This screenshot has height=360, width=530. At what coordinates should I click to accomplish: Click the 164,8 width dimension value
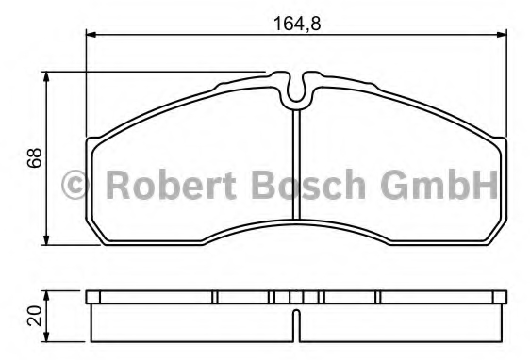[x=296, y=24]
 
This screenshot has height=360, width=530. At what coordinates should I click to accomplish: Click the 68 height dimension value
[x=35, y=157]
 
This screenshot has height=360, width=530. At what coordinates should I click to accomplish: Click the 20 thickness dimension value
[x=35, y=316]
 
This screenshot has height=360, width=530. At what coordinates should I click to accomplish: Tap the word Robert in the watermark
[x=171, y=185]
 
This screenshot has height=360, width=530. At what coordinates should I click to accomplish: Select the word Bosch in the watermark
[x=308, y=185]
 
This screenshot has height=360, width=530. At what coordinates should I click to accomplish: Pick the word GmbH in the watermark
[x=439, y=185]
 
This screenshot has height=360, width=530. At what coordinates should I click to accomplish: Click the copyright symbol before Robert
[x=75, y=185]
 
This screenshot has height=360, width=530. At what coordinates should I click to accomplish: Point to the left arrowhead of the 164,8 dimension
[x=91, y=34]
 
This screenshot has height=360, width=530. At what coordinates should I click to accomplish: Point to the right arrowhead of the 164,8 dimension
[x=502, y=34]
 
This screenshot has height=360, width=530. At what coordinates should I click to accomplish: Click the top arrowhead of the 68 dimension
[x=46, y=77]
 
